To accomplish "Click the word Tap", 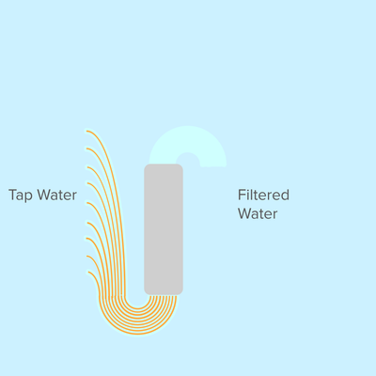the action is click(21, 196).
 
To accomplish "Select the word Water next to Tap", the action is click(56, 195).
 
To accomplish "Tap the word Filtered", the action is click(263, 195).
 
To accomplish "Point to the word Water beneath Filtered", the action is click(258, 213).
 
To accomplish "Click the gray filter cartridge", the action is click(164, 229).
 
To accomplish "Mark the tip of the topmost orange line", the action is click(87, 131).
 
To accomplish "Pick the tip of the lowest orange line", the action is click(89, 273).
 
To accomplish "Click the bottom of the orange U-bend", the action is click(138, 334).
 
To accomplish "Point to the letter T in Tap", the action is click(12, 195).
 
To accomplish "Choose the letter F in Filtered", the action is click(242, 195).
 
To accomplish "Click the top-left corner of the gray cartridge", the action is click(144, 164).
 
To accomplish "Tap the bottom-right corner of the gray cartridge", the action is click(182, 295).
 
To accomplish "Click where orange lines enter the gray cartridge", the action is click(164, 295).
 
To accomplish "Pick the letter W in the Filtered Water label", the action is click(244, 213).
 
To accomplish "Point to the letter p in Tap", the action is click(29, 197).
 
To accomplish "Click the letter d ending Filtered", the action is click(285, 195).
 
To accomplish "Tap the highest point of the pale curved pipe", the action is click(187, 126).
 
